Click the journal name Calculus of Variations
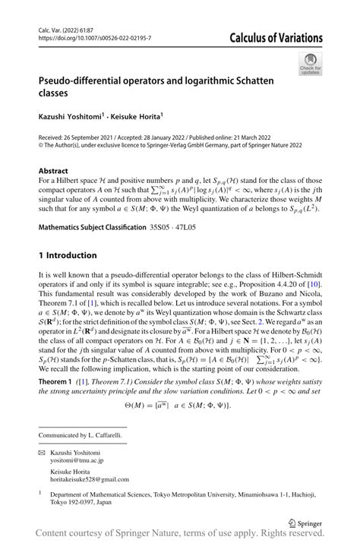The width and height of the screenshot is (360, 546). (x=276, y=38)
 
